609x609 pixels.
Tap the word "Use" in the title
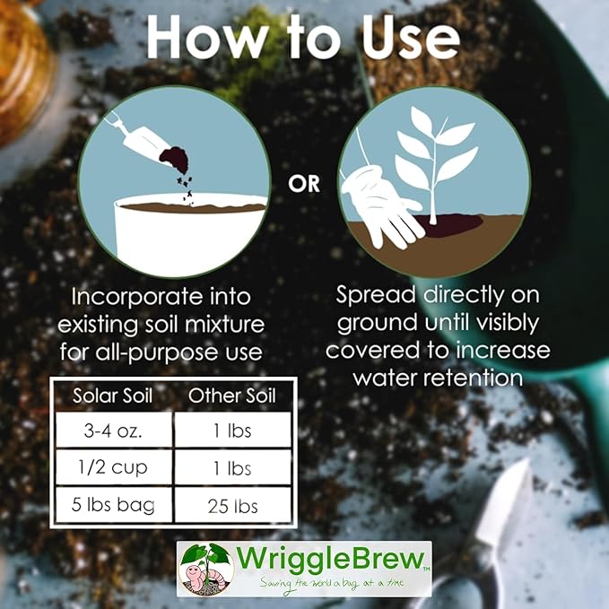[411, 38]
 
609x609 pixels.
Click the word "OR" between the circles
[304, 184]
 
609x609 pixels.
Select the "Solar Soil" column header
[113, 396]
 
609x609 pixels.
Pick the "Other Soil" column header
[232, 396]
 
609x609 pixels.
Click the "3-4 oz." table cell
[113, 431]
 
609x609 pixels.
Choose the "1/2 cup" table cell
[113, 467]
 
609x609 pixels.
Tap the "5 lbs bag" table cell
[113, 505]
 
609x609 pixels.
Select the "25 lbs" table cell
[233, 505]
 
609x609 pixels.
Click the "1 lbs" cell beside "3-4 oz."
[233, 431]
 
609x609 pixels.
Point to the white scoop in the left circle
[140, 137]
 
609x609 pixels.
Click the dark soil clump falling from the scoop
[176, 158]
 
